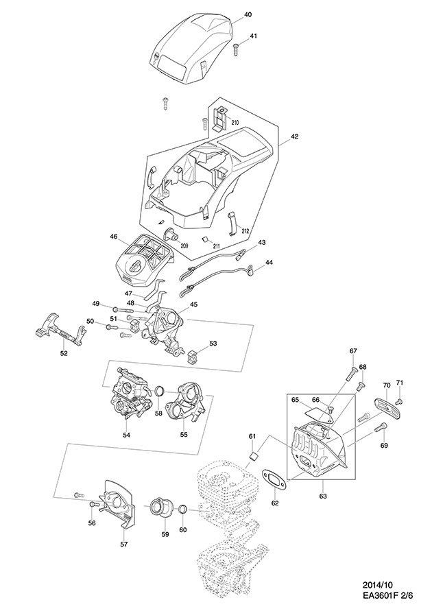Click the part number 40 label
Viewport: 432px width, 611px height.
click(248, 14)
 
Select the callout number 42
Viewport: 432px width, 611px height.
click(294, 136)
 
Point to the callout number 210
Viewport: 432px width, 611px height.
click(235, 122)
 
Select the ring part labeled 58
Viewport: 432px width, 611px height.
click(158, 392)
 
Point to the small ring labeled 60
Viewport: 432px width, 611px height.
click(183, 510)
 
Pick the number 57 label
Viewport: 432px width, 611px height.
click(124, 544)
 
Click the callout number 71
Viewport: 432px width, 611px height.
click(400, 382)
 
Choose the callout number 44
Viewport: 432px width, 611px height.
click(269, 263)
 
